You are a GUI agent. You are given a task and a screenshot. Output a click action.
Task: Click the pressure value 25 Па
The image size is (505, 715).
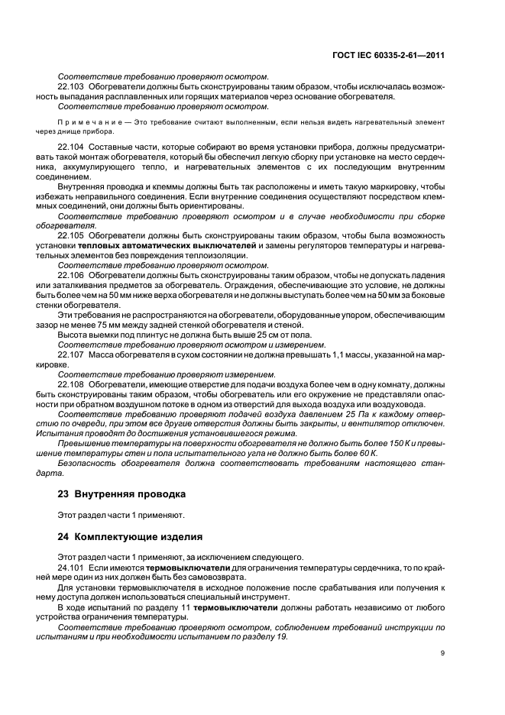coord(355,413)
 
